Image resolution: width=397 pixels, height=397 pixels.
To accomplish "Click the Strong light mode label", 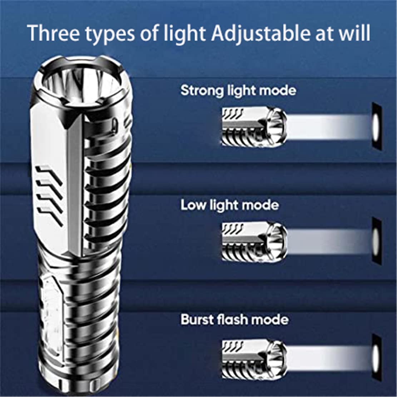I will tap(238, 91).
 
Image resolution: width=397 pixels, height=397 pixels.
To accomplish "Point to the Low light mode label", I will tap(229, 205).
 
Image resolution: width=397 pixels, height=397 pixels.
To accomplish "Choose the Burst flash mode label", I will tap(234, 319).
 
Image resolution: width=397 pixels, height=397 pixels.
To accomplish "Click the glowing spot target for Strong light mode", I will tap(376, 126).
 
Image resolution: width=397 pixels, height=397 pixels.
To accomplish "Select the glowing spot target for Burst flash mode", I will tap(376, 358).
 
